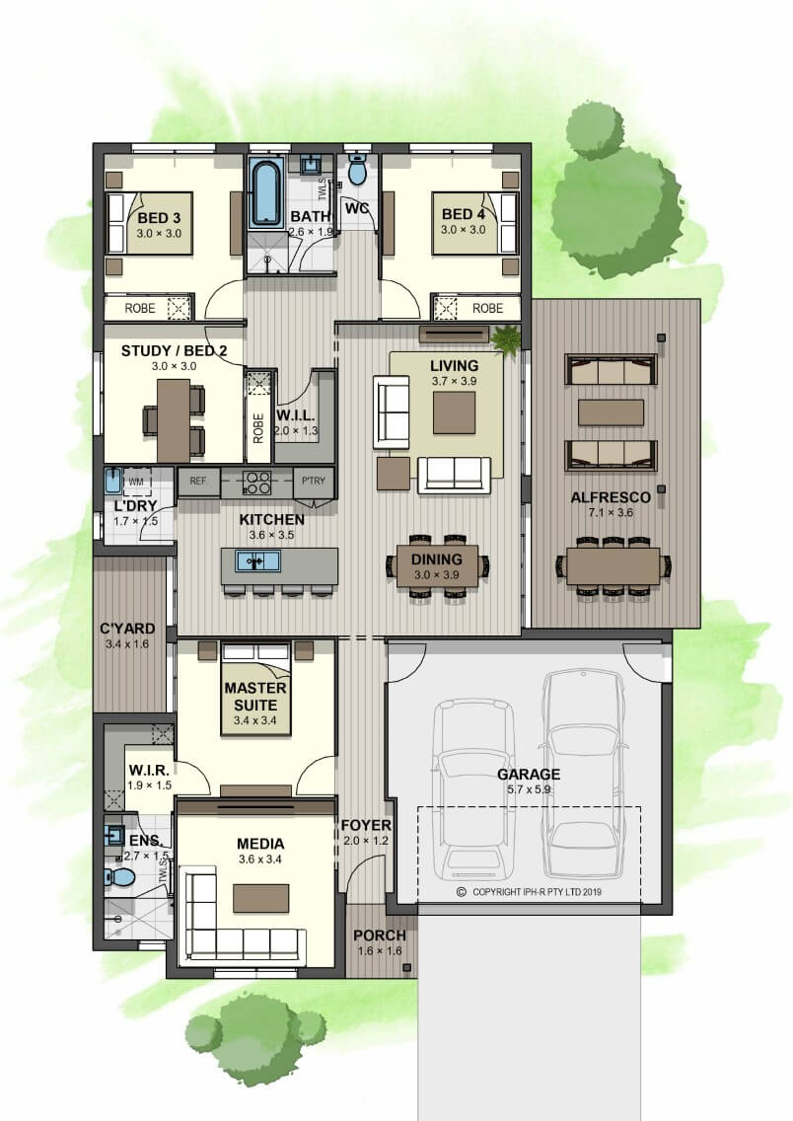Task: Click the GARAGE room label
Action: point(528,774)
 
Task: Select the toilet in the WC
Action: point(356,169)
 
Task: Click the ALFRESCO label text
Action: point(611,497)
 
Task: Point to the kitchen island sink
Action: point(257,561)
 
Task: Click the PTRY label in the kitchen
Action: point(314,482)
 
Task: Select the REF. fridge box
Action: point(198,482)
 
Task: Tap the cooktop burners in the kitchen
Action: point(256,483)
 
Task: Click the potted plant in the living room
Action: point(506,337)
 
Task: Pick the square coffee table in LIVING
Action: point(454,413)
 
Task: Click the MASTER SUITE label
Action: point(255,697)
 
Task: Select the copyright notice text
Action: point(529,891)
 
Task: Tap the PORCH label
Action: point(380,935)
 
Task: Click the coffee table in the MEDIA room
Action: point(260,898)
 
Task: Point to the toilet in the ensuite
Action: point(118,876)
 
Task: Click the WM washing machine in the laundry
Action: point(136,482)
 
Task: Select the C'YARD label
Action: point(127,629)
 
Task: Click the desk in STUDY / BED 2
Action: point(173,420)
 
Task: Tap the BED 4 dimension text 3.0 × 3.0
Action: point(463,230)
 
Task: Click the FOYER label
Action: point(366,825)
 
